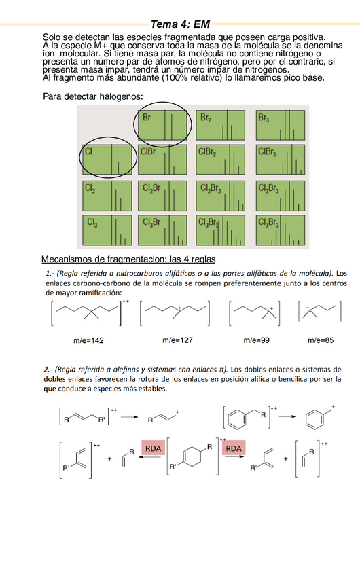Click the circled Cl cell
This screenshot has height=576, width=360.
point(105,160)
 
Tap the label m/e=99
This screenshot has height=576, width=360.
point(257,339)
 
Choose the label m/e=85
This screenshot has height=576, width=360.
point(321,339)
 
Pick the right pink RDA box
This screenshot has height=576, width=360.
point(234,448)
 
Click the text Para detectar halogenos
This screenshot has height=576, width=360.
point(92,96)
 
